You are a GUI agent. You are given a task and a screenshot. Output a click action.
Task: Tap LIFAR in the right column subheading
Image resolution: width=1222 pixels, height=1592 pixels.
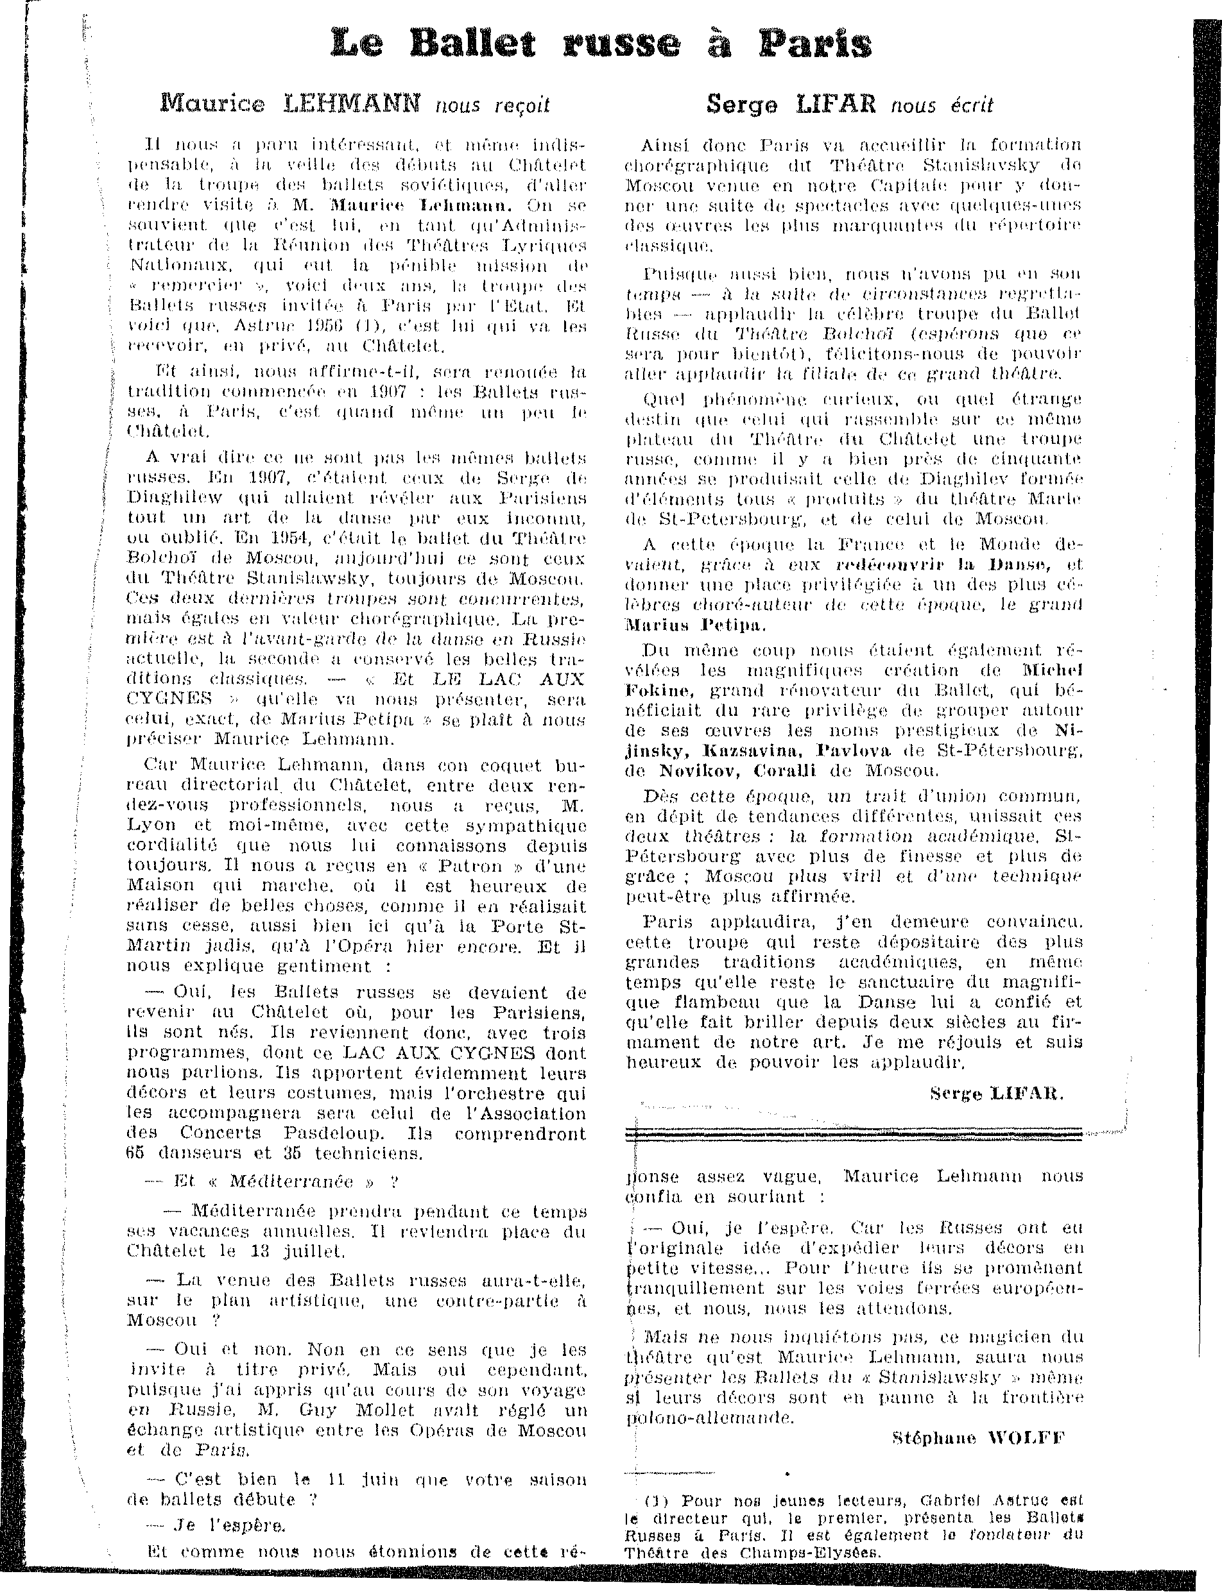tap(836, 105)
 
